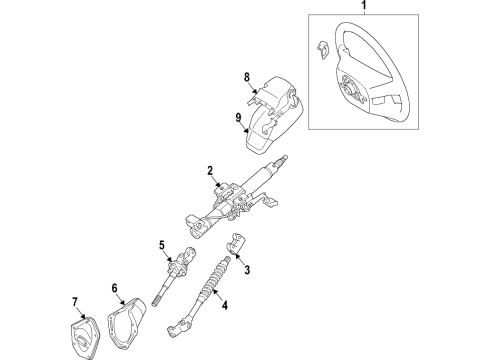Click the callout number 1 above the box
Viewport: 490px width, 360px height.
(364, 5)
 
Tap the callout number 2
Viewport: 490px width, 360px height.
(210, 171)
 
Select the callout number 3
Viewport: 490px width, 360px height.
(247, 270)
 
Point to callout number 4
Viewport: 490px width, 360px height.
(225, 305)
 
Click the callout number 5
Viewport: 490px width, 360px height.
(162, 245)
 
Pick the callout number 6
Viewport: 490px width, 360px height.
(115, 288)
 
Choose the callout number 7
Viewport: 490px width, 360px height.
(75, 302)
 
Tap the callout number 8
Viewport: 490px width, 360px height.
(247, 77)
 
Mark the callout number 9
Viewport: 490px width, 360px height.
(238, 118)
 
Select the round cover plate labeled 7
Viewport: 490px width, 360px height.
(84, 338)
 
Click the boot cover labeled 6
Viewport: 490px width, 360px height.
(126, 324)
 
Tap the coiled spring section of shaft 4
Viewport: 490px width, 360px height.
(213, 277)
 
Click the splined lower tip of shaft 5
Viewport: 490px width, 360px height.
(156, 302)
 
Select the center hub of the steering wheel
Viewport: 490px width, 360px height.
(350, 88)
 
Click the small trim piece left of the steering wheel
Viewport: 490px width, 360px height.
(322, 50)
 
